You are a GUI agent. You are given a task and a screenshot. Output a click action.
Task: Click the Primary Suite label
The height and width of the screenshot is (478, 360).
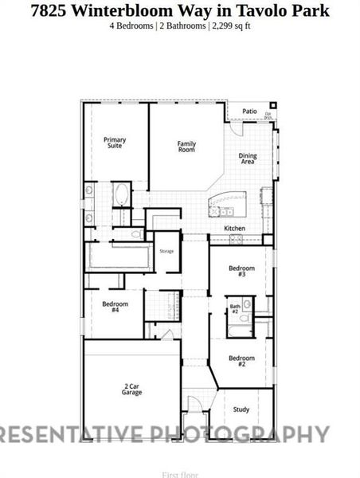pyautogui.click(x=115, y=143)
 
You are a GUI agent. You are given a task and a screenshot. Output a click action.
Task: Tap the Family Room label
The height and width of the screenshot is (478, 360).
pyautogui.click(x=186, y=147)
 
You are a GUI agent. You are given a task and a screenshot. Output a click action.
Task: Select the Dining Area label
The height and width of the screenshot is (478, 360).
pyautogui.click(x=248, y=159)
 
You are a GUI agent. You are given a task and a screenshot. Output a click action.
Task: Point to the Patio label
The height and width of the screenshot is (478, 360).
pyautogui.click(x=249, y=112)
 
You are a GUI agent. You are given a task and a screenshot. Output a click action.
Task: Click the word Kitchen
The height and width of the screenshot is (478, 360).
pyautogui.click(x=234, y=229)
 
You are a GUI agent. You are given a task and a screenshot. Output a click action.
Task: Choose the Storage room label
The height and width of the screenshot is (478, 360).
pyautogui.click(x=166, y=251)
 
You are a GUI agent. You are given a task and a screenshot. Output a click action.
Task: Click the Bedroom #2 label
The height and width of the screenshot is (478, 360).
pyautogui.click(x=241, y=361)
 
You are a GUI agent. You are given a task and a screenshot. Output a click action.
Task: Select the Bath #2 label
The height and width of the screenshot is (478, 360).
pyautogui.click(x=235, y=308)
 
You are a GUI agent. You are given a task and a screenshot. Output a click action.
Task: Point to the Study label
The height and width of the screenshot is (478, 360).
pyautogui.click(x=241, y=409)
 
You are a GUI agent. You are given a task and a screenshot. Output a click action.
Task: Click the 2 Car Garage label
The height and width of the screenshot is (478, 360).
pyautogui.click(x=132, y=390)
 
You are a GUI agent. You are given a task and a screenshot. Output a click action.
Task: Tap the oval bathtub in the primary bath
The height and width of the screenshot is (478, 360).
pyautogui.click(x=121, y=194)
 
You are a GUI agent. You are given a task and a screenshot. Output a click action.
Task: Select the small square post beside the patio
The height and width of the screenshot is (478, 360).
pyautogui.click(x=275, y=104)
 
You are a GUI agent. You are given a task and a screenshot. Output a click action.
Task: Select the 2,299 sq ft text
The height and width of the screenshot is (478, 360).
pyautogui.click(x=230, y=25)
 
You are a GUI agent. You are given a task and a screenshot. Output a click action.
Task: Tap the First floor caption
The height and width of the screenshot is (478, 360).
pyautogui.click(x=179, y=474)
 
